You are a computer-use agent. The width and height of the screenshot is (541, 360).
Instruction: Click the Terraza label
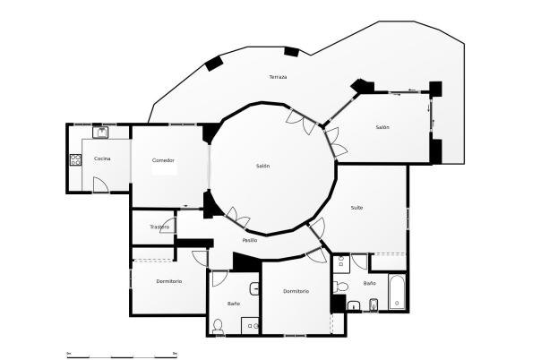tap(278, 78)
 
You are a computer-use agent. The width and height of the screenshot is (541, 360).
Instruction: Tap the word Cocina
tap(102, 159)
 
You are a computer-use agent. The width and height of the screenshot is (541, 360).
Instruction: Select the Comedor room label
tap(163, 160)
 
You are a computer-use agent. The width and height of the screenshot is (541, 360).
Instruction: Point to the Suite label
tap(356, 208)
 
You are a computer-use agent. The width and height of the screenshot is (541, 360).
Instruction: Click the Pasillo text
tap(250, 240)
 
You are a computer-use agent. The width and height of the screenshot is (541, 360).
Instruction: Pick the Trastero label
tap(159, 227)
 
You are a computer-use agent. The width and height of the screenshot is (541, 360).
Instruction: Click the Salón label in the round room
tap(262, 166)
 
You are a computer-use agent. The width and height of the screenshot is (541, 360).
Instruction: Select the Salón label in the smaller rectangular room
tap(382, 127)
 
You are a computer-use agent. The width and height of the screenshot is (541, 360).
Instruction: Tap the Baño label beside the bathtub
tap(370, 283)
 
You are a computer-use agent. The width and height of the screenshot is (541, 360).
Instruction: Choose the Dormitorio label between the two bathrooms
tap(296, 291)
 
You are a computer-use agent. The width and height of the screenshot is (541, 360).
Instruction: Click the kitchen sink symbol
tap(102, 133)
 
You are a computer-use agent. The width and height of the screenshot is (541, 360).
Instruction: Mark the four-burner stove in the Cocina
tap(75, 161)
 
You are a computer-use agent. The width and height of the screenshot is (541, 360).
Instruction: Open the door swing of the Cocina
tap(100, 185)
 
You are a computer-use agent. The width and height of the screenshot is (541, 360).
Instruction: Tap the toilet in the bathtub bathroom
tap(339, 287)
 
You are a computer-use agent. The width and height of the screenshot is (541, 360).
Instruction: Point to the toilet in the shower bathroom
tap(218, 324)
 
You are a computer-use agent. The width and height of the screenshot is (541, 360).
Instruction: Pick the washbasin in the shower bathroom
tap(255, 288)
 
